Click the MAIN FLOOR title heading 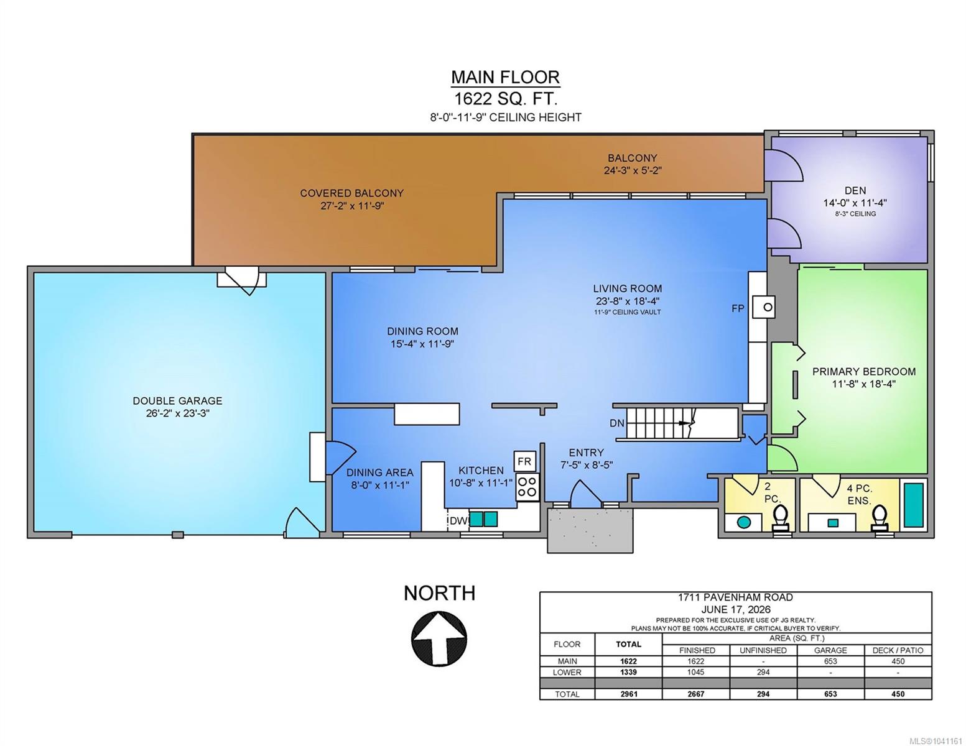[506, 77]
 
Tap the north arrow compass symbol [439, 639]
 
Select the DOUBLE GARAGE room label [177, 400]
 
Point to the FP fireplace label [738, 308]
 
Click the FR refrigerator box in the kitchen [524, 462]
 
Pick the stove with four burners [527, 487]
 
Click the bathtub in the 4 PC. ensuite [914, 505]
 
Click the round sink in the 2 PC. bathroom [743, 522]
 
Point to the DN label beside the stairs [617, 423]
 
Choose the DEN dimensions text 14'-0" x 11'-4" [855, 203]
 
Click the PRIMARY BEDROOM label [864, 371]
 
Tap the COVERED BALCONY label [351, 193]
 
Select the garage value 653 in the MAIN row [830, 661]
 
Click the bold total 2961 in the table [629, 694]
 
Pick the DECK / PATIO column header [898, 650]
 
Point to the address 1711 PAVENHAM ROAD [735, 597]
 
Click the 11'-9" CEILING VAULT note [627, 312]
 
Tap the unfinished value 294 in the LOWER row [763, 672]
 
